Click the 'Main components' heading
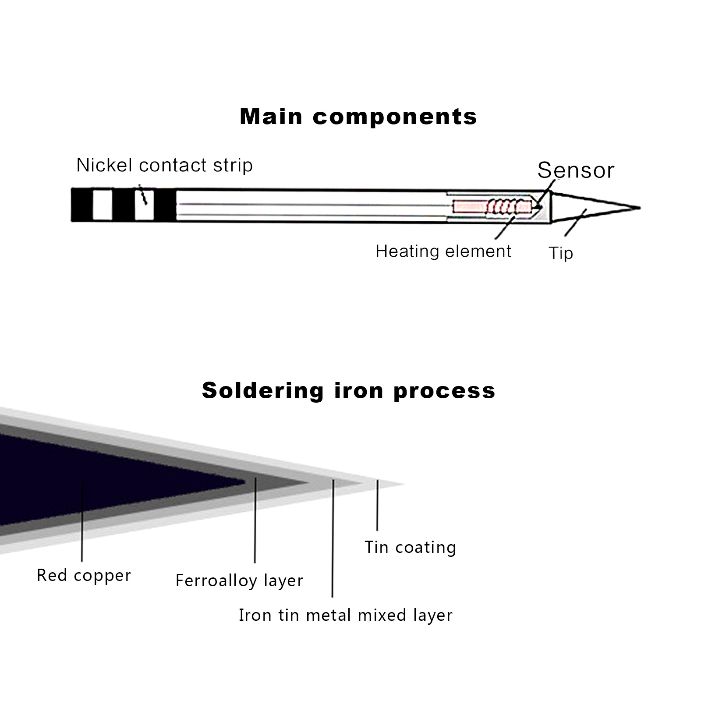coord(358,117)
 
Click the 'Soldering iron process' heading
coord(348,390)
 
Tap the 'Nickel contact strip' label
coord(164,165)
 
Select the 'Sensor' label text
coord(576,170)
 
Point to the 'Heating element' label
coord(443,251)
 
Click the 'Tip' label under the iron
coord(561,253)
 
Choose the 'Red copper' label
coord(84,575)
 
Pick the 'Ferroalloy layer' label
coord(239,581)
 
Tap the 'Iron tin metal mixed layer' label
coord(345,615)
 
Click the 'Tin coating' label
coord(410,547)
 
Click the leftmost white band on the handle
coord(103,205)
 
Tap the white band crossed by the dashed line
coord(144,205)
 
